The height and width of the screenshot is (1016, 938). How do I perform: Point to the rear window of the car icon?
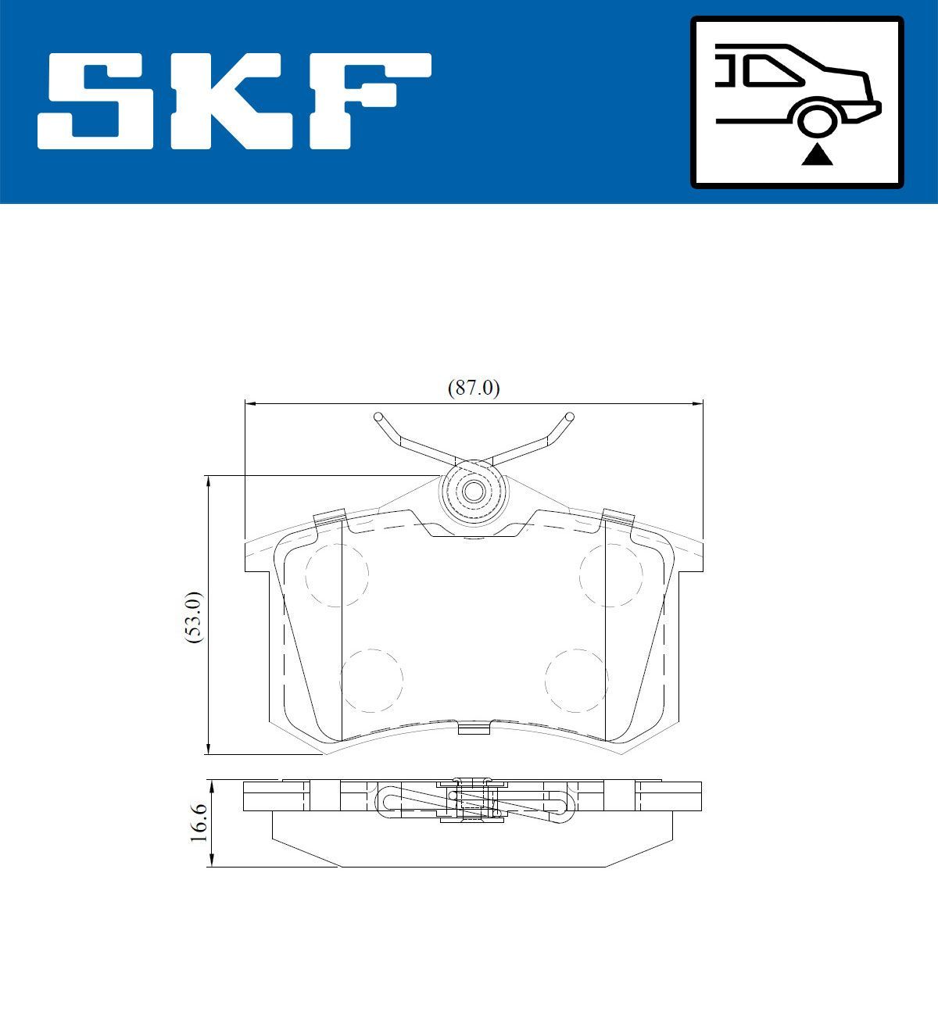coord(770,72)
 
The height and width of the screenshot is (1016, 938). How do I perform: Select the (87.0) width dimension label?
coord(473,388)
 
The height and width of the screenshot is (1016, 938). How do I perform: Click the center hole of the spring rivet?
coord(473,492)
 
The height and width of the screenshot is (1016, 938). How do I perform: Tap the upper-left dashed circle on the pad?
coord(336,575)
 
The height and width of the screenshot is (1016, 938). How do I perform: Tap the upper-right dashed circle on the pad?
coord(610,575)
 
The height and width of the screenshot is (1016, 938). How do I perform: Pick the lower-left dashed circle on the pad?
coord(371,680)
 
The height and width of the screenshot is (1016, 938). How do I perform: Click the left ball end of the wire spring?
coord(378,417)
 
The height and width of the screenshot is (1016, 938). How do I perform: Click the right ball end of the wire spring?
coord(569,417)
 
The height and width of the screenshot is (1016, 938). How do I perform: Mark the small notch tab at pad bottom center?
coord(473,728)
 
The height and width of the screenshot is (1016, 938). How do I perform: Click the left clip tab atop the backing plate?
coord(329,517)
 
